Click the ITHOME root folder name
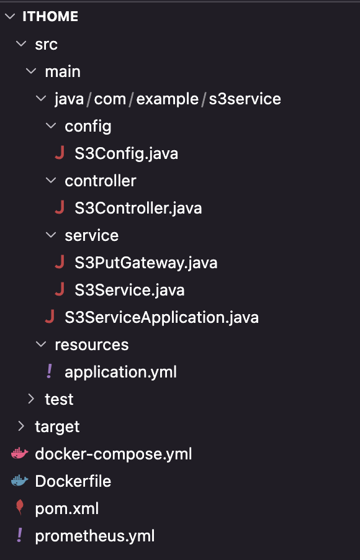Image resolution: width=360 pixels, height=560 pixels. [50, 16]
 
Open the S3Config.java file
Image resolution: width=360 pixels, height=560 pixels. [126, 153]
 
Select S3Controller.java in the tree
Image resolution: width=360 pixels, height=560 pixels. [138, 208]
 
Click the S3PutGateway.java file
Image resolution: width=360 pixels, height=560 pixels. [146, 263]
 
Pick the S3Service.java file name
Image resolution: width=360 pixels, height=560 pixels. [129, 290]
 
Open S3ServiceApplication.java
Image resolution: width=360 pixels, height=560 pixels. [161, 317]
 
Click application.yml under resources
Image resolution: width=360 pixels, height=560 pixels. [120, 372]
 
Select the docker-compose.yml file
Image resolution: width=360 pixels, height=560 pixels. [113, 454]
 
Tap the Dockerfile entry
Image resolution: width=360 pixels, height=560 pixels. [73, 481]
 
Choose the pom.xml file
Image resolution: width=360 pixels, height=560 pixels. [67, 508]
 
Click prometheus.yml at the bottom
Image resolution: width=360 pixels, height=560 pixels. [94, 536]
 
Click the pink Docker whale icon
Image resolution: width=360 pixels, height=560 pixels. [20, 454]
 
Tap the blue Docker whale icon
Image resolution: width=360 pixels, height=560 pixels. [20, 481]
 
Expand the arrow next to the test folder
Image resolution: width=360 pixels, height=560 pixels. [32, 399]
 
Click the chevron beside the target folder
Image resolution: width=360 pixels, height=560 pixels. [22, 426]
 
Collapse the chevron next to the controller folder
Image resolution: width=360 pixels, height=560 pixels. [52, 181]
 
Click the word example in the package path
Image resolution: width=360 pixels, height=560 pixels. [167, 99]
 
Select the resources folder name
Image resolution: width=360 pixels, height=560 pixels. [91, 345]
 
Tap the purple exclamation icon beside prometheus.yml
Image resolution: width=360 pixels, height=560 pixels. [20, 535]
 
